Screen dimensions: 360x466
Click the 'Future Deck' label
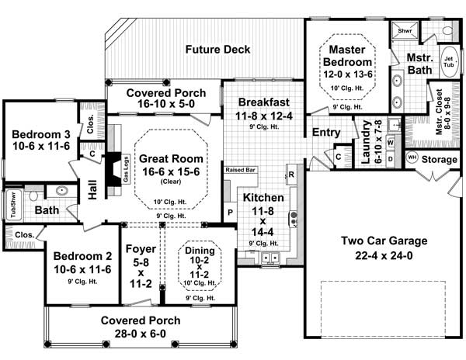(x=217, y=50)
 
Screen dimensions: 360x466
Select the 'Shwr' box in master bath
(x=405, y=31)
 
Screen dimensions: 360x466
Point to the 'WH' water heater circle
(x=412, y=157)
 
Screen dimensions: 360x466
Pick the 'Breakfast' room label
(x=264, y=102)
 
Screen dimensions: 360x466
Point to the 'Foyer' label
(x=141, y=250)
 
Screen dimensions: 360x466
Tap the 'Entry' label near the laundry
(x=326, y=133)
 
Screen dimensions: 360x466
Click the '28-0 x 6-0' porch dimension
(x=141, y=334)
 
